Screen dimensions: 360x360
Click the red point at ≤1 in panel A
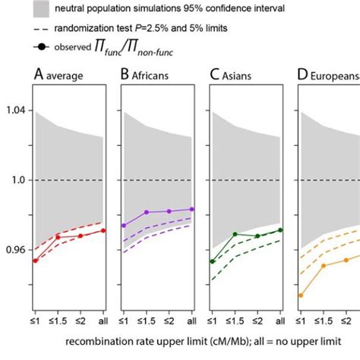35,261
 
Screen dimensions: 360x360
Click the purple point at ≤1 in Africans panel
124,226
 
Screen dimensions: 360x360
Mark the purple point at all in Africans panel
191,209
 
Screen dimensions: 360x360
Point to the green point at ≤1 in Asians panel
213,261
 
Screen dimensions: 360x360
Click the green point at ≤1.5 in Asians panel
235,234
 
